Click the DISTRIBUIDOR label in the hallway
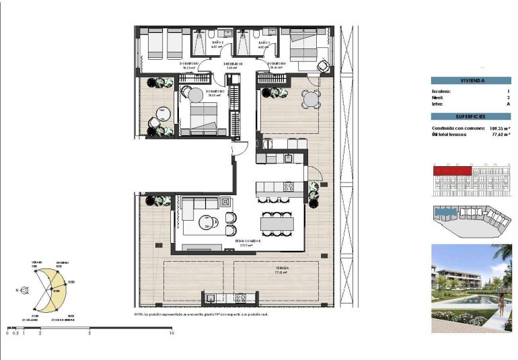coord(232,65)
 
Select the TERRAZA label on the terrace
coord(282,268)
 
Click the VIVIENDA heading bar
coord(472,80)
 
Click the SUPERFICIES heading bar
coord(472,116)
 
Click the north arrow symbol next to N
coord(25,291)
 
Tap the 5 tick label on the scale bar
coord(90,333)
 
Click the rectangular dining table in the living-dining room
coord(276,223)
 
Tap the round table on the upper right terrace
coord(309,99)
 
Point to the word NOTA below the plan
coord(139,314)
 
